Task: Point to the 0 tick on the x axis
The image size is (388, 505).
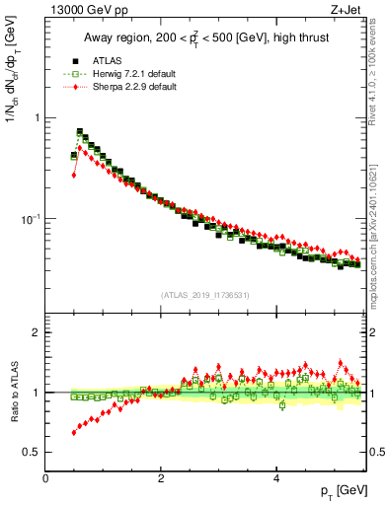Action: pos(46,476)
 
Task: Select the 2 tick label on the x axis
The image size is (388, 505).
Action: pos(161,476)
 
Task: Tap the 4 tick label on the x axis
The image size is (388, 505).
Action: pos(276,476)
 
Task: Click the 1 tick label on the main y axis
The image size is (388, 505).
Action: pos(38,117)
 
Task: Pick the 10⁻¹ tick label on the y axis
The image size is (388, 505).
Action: pos(31,218)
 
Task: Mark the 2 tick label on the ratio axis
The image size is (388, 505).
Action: pos(38,332)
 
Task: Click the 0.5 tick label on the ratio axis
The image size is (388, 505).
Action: pos(33,452)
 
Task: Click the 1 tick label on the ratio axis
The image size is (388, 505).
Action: pos(38,393)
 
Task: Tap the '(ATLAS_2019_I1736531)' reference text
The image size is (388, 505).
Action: pos(204,295)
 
